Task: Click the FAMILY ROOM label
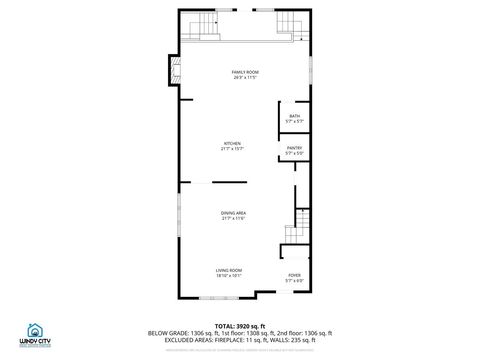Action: click(239, 72)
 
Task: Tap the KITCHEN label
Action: click(232, 143)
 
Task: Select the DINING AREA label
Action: click(234, 213)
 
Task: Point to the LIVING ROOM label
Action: click(229, 270)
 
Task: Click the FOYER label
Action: click(294, 275)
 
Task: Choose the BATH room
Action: click(294, 117)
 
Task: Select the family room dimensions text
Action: click(239, 78)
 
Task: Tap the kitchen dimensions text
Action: click(232, 149)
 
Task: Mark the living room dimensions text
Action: click(229, 276)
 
